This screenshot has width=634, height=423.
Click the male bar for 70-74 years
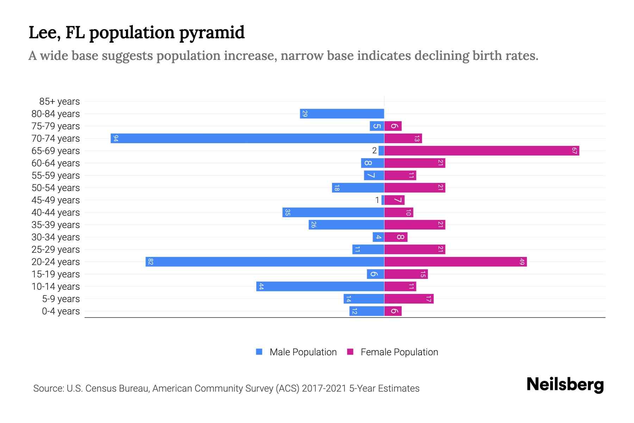pos(247,138)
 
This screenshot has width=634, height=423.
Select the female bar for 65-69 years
pos(481,151)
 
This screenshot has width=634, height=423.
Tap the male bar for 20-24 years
pos(265,262)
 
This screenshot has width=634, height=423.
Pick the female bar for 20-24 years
pos(455,262)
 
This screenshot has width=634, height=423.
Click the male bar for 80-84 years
pos(342,114)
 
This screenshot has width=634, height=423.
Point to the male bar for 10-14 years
pos(320,286)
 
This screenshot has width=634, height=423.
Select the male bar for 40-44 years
pos(333,212)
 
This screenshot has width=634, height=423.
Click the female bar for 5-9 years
pos(409,299)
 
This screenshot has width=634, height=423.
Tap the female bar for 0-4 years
pos(393,311)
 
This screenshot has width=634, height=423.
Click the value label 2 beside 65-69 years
pos(374,151)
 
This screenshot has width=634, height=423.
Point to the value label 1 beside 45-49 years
pos(377,200)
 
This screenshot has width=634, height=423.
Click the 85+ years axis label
pos(60,102)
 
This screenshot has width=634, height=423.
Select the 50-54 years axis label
pos(56,188)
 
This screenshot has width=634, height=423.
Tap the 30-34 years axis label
pos(56,237)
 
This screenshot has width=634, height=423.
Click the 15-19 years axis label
pos(56,274)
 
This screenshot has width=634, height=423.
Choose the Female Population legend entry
pos(393,352)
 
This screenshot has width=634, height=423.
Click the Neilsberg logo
pos(565,385)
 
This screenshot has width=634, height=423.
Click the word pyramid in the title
pos(212,33)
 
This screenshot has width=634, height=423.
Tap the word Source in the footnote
pos(48,388)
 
